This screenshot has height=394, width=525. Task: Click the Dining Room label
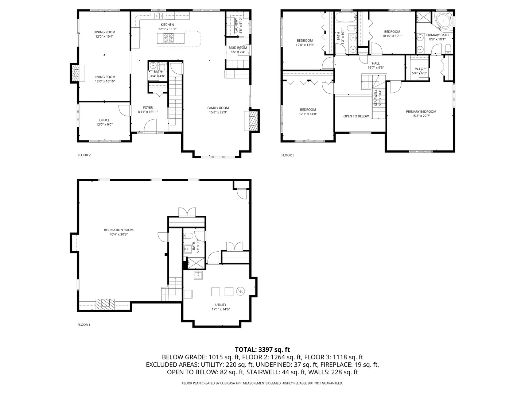coord(104,32)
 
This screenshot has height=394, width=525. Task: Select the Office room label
coord(104,120)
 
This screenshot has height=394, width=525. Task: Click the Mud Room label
coord(238,48)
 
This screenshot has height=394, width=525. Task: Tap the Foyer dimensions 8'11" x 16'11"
coord(148,112)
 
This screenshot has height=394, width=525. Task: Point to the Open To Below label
coord(356,116)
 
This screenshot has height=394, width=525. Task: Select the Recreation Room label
coord(118,230)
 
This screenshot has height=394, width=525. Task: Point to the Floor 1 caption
coord(84,325)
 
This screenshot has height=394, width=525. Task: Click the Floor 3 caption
coord(288,155)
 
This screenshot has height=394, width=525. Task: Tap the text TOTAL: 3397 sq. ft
coord(262,349)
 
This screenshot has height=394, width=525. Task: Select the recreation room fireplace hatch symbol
coord(105,304)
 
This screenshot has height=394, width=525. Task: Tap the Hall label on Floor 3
coord(376,63)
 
